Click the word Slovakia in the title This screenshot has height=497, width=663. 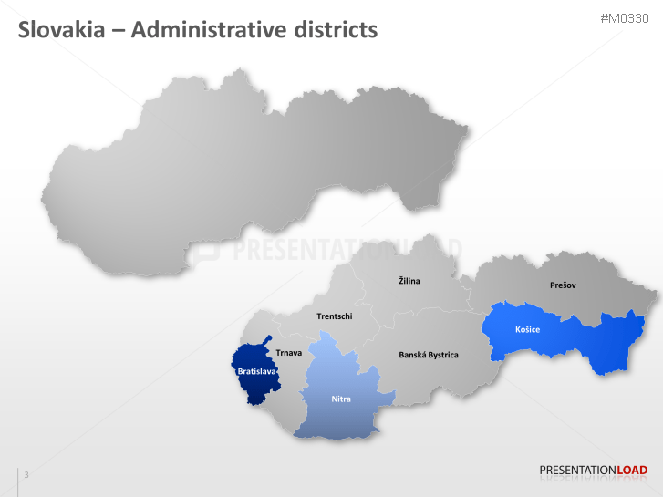62,30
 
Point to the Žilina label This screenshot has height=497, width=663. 409,281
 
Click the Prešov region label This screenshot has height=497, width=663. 563,285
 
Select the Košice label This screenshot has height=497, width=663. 527,329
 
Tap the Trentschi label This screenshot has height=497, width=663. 334,316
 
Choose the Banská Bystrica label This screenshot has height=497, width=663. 429,355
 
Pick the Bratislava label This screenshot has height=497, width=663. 256,372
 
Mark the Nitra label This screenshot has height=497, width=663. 341,399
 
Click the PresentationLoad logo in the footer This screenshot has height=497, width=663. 593,471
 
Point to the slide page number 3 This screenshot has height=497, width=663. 26,474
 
